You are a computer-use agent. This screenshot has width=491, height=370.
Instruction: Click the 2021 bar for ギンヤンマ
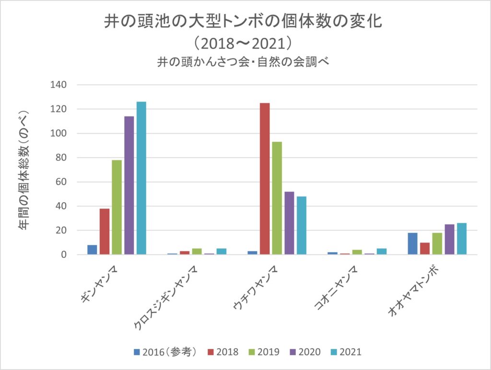(141, 178)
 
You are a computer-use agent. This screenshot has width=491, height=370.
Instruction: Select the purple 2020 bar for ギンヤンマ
(129, 185)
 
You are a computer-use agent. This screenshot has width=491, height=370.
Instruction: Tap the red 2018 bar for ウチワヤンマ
(265, 179)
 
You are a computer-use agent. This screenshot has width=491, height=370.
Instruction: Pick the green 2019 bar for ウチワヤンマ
(277, 198)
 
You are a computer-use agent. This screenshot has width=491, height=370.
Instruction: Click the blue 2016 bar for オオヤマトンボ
(412, 243)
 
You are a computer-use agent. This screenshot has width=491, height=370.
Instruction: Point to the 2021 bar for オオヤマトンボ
(461, 239)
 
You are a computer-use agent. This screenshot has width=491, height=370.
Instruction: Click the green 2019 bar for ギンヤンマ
(117, 207)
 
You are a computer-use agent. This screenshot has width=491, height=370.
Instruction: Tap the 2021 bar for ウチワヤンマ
(301, 225)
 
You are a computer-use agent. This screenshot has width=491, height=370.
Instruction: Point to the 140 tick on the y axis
(58, 85)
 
